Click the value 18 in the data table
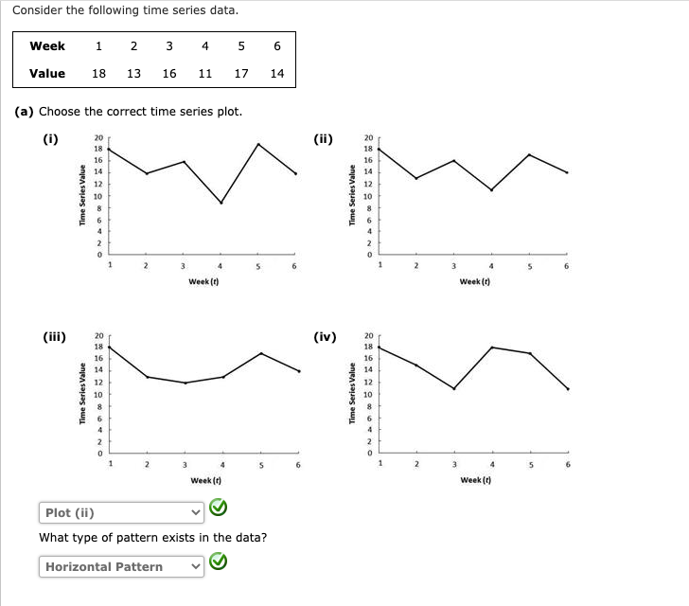click(x=98, y=73)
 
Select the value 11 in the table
click(x=204, y=73)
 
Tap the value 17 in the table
click(x=241, y=73)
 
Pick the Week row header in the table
click(x=47, y=45)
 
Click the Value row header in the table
click(x=47, y=73)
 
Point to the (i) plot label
click(x=51, y=139)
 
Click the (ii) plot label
click(x=324, y=139)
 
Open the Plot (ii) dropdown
click(x=122, y=512)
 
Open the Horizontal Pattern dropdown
click(x=122, y=566)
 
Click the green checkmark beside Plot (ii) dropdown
click(x=219, y=511)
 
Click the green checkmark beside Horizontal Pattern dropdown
click(x=219, y=565)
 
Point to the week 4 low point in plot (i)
click(x=221, y=203)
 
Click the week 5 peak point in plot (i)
click(x=257, y=144)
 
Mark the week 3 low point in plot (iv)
click(x=454, y=388)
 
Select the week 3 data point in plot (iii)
click(x=185, y=383)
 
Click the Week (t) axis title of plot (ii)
click(x=474, y=281)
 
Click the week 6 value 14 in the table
click(x=276, y=73)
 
